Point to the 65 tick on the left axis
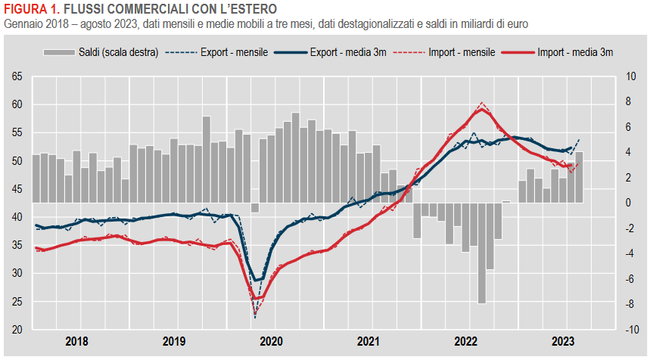pyautogui.click(x=17, y=76)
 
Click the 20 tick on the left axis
pyautogui.click(x=17, y=330)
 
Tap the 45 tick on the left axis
pyautogui.click(x=17, y=189)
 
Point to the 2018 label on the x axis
pyautogui.click(x=76, y=341)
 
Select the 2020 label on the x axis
pyautogui.click(x=271, y=341)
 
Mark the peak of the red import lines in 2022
pyautogui.click(x=483, y=104)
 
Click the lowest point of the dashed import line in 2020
pyautogui.click(x=255, y=315)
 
